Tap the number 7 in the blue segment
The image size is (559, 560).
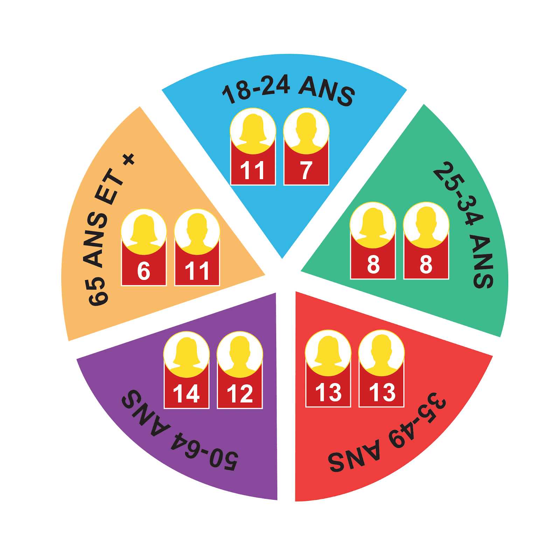point(306,171)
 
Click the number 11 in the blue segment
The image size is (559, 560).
point(252,171)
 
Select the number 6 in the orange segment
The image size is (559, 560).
point(144,271)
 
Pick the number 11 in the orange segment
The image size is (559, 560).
point(197,271)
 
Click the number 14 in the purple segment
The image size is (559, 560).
point(186,394)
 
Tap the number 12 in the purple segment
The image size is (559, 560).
point(240,394)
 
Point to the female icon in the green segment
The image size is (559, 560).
point(373,224)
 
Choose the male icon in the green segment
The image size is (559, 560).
point(426,224)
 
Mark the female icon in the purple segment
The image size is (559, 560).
point(187,354)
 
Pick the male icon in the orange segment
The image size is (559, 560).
point(197,231)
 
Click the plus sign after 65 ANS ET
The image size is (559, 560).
point(129,160)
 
